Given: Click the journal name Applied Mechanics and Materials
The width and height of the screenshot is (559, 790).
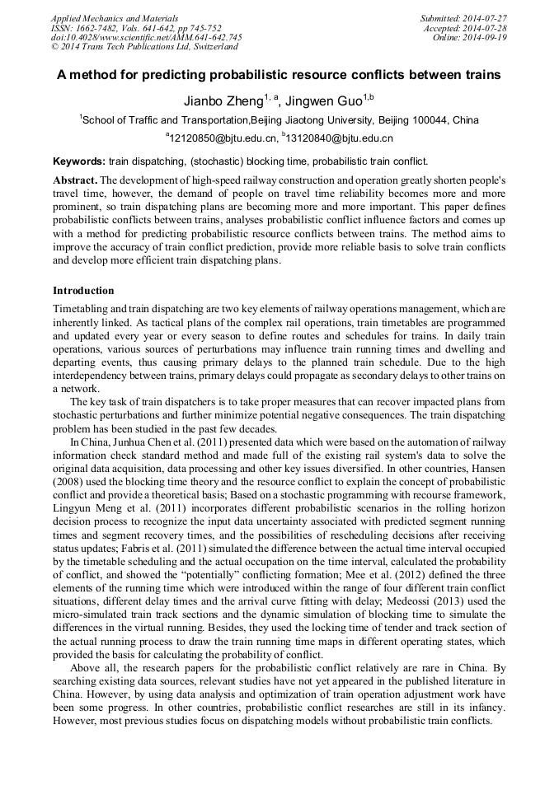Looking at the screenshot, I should (x=114, y=18).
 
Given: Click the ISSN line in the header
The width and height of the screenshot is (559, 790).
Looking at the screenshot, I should (x=136, y=28).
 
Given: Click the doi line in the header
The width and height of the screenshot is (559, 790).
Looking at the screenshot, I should (x=147, y=38).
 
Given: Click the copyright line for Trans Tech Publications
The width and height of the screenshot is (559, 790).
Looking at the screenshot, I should (x=145, y=48).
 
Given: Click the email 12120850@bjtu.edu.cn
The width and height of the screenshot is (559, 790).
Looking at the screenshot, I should (x=221, y=138).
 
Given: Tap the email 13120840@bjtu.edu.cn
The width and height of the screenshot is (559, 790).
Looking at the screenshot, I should (x=340, y=138).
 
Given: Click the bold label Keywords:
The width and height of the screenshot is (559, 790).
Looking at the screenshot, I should (x=79, y=161).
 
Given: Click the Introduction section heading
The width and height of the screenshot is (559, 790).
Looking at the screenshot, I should (x=83, y=291).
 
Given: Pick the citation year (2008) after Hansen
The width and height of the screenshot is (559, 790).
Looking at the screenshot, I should (x=71, y=481).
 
